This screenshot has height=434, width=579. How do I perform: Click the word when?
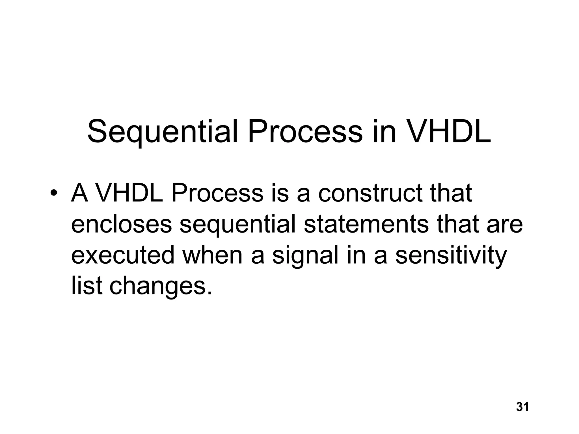[x=212, y=255]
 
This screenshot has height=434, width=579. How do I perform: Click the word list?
[x=87, y=286]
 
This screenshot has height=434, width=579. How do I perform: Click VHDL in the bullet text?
[x=129, y=193]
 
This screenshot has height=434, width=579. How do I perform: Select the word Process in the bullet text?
[x=217, y=193]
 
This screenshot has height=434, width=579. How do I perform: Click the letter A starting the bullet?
[x=80, y=193]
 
